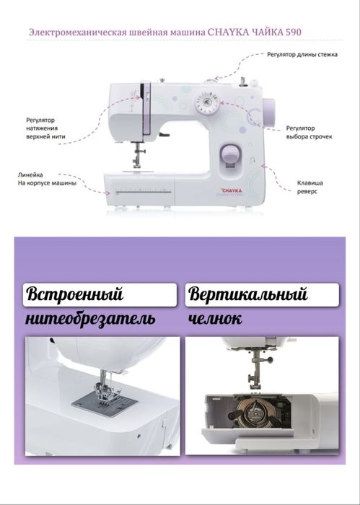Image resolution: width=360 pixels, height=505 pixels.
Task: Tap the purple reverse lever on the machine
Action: tap(229, 154)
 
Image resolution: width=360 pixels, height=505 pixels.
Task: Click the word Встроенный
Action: tap(75, 295)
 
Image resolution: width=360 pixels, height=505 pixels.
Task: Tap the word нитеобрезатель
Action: tap(89, 319)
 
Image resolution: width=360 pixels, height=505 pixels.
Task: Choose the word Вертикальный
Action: tap(247, 295)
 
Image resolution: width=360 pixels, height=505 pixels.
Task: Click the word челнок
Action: tap(215, 319)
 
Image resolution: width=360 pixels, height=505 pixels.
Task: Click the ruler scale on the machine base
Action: tap(141, 192)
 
